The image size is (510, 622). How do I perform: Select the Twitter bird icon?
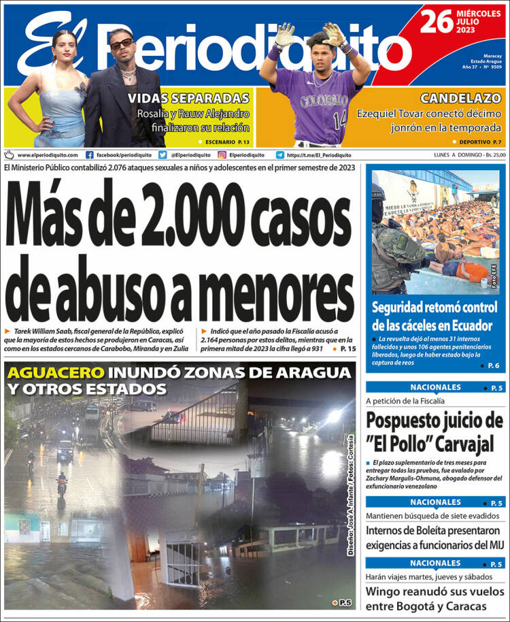(163, 155)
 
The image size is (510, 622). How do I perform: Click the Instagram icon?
(222, 155)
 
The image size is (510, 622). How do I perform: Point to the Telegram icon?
(280, 155)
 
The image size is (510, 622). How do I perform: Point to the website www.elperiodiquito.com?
(48, 155)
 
